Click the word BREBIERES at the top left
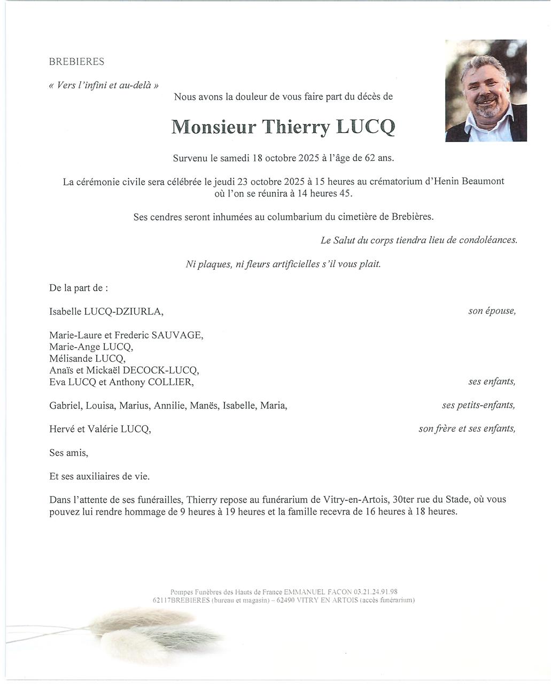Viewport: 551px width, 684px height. pos(76,61)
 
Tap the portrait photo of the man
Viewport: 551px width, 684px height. pos(486,91)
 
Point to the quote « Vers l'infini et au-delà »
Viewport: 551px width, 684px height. pos(103,85)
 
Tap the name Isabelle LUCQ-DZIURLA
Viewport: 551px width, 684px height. pos(106,311)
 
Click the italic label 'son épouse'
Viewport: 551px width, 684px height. pos(492,310)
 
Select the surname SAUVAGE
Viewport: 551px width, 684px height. pos(177,336)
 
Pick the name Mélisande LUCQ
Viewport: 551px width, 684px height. pos(87,359)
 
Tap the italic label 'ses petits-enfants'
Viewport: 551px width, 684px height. pos(478,405)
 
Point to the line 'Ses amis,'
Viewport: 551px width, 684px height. pos(68,453)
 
